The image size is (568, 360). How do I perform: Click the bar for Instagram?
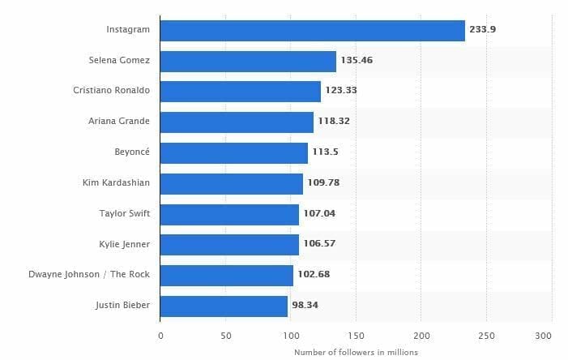313,30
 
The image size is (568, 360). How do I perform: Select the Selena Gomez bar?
248,61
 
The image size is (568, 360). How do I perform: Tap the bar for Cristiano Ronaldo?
241,91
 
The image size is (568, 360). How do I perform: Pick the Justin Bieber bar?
224,306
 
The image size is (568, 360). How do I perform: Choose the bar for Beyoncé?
234,152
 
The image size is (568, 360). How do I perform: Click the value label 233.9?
483,30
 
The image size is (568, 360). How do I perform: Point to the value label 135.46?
357,61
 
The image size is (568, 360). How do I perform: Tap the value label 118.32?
334,122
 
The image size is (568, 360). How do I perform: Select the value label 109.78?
323,183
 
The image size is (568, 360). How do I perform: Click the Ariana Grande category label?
119,122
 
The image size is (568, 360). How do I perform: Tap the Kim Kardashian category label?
115,183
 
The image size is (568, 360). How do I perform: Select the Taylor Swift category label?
123,214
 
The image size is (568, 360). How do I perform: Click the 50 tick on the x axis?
225,334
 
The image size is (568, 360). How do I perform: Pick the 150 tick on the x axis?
356,334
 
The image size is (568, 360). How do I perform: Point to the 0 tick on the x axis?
160,334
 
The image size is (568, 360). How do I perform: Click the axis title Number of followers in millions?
356,351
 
